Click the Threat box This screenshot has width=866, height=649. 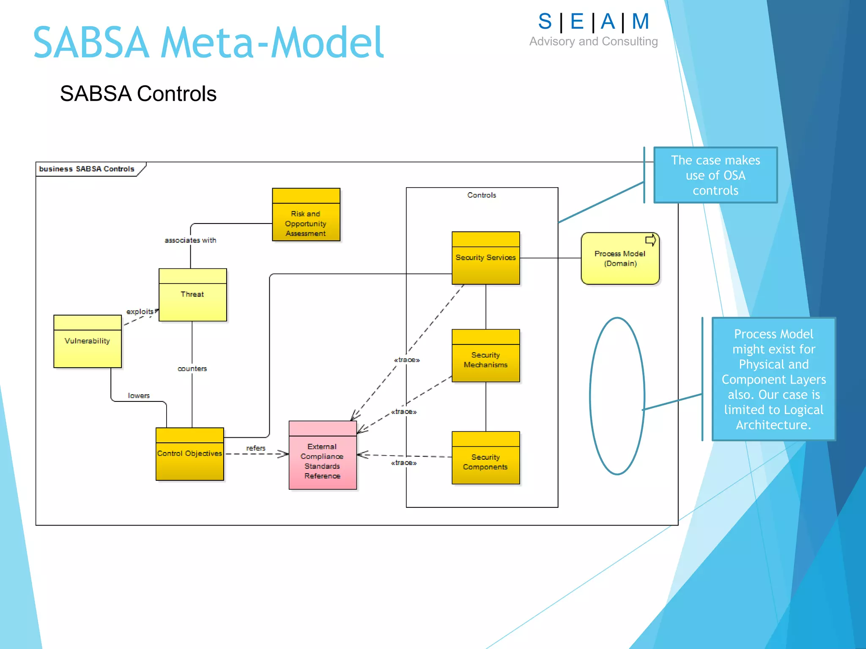[192, 295]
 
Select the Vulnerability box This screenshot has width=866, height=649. [88, 341]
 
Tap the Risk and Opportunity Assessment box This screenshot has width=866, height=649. [306, 215]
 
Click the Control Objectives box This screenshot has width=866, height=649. [189, 454]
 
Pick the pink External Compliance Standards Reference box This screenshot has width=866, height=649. [322, 455]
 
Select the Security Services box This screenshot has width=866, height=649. [485, 258]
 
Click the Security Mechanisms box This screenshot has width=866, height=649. [485, 356]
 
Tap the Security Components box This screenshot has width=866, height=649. [485, 458]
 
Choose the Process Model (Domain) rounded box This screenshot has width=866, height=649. [619, 259]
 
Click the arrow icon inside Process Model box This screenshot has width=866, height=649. [650, 240]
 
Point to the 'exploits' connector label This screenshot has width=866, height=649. [140, 312]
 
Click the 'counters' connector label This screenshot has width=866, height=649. [192, 369]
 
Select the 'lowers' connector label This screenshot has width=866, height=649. [139, 396]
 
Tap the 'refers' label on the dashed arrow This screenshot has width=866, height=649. [256, 448]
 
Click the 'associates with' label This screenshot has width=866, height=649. [190, 240]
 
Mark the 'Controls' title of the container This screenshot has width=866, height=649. [482, 195]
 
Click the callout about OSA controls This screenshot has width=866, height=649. [715, 175]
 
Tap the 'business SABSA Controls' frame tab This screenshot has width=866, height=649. [87, 169]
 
